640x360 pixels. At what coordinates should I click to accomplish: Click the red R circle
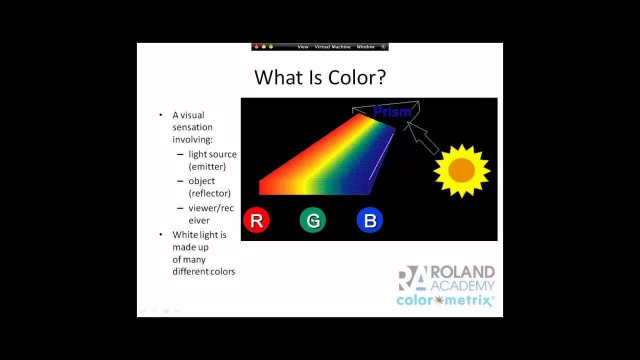[x=256, y=220]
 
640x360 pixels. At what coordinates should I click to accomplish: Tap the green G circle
[x=313, y=220]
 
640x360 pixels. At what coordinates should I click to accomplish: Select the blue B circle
[x=370, y=220]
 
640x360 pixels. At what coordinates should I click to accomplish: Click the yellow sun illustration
[x=461, y=171]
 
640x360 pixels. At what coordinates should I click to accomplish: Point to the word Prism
[x=392, y=112]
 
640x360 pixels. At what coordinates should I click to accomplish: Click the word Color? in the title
[x=357, y=77]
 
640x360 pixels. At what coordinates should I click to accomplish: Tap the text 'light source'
[x=212, y=154]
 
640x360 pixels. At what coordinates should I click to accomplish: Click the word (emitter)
[x=207, y=166]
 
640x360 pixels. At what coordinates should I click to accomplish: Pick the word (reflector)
[x=209, y=193]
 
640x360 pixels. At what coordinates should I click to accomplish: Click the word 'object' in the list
[x=201, y=181]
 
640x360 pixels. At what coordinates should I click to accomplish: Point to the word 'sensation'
[x=192, y=127]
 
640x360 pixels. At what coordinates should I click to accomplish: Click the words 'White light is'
[x=199, y=235]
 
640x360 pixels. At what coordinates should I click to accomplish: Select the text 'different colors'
[x=203, y=271]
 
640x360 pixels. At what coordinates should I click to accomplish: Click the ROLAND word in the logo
[x=462, y=272]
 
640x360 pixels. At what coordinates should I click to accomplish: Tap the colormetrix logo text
[x=445, y=300]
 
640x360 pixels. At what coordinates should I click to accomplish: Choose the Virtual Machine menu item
[x=332, y=47]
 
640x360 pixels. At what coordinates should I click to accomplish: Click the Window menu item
[x=365, y=47]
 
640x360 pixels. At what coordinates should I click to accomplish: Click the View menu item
[x=303, y=47]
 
